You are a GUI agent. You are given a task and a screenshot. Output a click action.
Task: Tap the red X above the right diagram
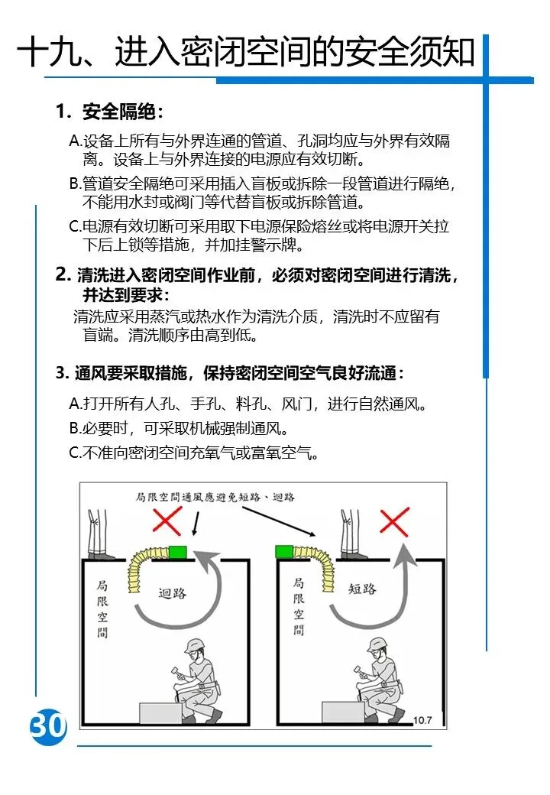(x=394, y=521)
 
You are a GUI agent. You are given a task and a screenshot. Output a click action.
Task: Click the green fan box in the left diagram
(x=178, y=552)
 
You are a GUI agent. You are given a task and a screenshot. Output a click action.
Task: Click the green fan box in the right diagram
(x=285, y=551)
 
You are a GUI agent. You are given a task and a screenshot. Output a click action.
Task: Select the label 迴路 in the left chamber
(x=172, y=592)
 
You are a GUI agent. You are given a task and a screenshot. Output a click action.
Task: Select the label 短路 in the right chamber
(x=362, y=589)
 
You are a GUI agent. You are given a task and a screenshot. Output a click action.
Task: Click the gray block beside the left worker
(x=160, y=713)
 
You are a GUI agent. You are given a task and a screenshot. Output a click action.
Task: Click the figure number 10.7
(x=422, y=720)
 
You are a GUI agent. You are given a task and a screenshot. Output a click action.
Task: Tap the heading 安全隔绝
(x=119, y=112)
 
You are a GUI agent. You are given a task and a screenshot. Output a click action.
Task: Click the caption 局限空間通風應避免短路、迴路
(x=215, y=497)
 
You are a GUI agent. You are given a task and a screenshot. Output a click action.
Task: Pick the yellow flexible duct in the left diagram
(x=146, y=566)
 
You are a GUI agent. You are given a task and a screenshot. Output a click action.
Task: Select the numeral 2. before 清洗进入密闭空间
(x=63, y=274)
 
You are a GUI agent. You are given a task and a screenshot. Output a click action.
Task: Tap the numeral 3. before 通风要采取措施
(x=63, y=373)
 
